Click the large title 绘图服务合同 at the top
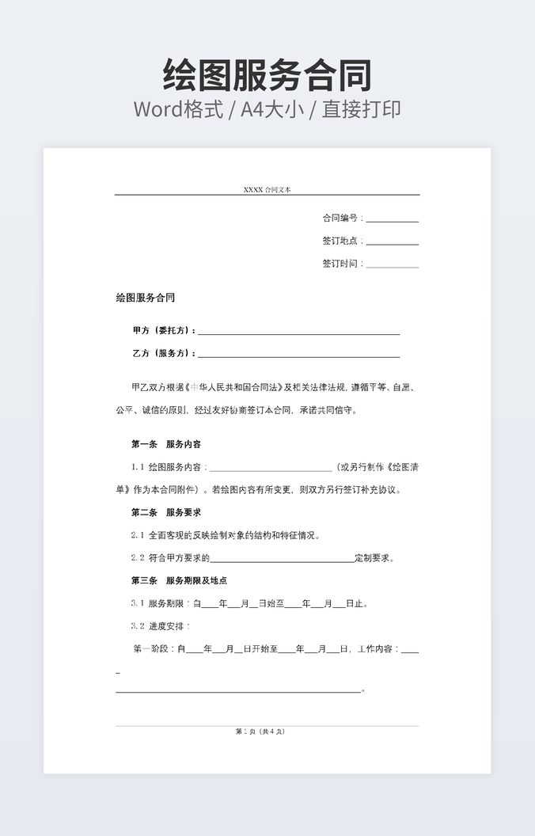click(x=267, y=75)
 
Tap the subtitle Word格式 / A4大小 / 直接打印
click(x=267, y=109)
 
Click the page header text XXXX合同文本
click(x=267, y=190)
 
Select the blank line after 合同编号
click(x=392, y=221)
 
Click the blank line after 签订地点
click(x=392, y=244)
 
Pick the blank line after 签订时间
click(x=392, y=266)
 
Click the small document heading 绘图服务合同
click(x=145, y=298)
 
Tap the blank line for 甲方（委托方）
click(x=298, y=333)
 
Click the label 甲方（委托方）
click(x=163, y=331)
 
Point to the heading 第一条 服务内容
click(x=166, y=444)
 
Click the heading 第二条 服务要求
click(x=166, y=512)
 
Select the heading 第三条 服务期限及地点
click(x=179, y=580)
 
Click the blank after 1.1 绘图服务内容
click(x=270, y=469)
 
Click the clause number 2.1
click(x=138, y=535)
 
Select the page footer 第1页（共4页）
click(x=260, y=731)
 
